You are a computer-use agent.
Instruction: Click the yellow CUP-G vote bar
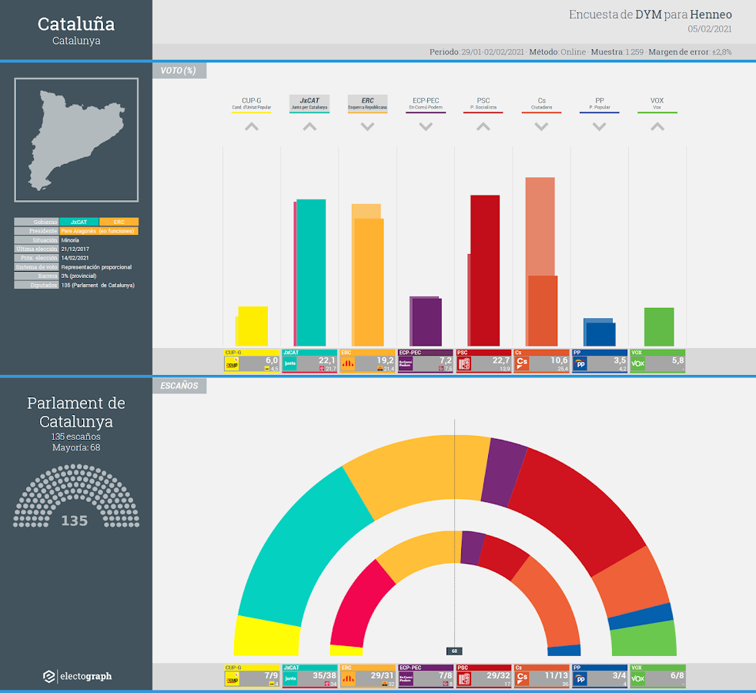(253, 326)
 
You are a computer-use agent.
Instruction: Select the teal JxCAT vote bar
(311, 273)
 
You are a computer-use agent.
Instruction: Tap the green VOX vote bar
(659, 327)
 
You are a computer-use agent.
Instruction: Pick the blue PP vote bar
(600, 334)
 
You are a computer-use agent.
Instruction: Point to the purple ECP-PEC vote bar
(426, 322)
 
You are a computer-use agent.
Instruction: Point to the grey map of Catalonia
(75, 136)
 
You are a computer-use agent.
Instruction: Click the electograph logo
(77, 676)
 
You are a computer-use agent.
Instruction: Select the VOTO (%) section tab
(179, 71)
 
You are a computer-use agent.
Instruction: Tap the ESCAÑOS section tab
(179, 386)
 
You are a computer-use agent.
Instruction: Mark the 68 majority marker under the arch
(455, 651)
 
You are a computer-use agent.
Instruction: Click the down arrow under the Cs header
(541, 126)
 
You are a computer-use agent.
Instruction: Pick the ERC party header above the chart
(367, 103)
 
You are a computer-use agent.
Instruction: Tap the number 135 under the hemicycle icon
(75, 521)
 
